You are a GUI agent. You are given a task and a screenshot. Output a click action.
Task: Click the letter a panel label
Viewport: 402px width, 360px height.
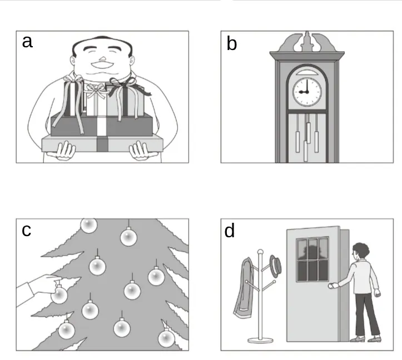(27, 42)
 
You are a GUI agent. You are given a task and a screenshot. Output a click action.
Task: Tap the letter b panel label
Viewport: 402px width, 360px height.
(232, 43)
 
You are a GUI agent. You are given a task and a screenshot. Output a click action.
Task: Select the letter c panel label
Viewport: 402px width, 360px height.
(26, 231)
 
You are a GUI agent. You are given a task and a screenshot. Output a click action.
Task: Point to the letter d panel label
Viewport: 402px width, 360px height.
(230, 231)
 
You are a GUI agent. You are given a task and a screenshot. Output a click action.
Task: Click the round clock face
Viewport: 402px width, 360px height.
(307, 92)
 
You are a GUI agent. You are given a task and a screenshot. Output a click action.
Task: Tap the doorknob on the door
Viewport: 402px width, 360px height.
(331, 286)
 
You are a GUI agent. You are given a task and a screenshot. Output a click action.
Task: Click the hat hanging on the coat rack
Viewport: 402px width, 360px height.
(276, 266)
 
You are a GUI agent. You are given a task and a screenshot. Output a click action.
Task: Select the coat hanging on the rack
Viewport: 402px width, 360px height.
(244, 288)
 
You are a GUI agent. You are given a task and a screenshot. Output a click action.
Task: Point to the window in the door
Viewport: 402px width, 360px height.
(312, 259)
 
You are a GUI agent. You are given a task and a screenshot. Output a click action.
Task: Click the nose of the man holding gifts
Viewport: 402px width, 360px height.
(102, 59)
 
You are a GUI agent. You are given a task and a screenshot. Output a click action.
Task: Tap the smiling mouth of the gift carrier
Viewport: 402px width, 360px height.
(102, 65)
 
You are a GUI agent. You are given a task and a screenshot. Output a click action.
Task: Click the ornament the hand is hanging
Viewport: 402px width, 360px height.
(59, 294)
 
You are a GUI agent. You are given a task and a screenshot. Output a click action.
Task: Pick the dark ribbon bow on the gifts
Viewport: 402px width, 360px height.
(126, 88)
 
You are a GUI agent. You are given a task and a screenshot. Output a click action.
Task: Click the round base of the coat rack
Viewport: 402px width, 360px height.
(260, 340)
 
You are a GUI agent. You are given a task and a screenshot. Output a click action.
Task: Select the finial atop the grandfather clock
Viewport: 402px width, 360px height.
(307, 41)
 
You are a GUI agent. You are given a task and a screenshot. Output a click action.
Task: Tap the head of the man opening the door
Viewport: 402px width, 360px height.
(360, 251)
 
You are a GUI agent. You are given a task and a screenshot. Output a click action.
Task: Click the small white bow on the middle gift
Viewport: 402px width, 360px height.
(96, 91)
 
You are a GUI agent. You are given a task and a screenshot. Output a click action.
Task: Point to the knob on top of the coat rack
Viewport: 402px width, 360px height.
(260, 252)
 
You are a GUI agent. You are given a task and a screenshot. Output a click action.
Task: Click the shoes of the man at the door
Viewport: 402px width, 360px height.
(365, 339)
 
